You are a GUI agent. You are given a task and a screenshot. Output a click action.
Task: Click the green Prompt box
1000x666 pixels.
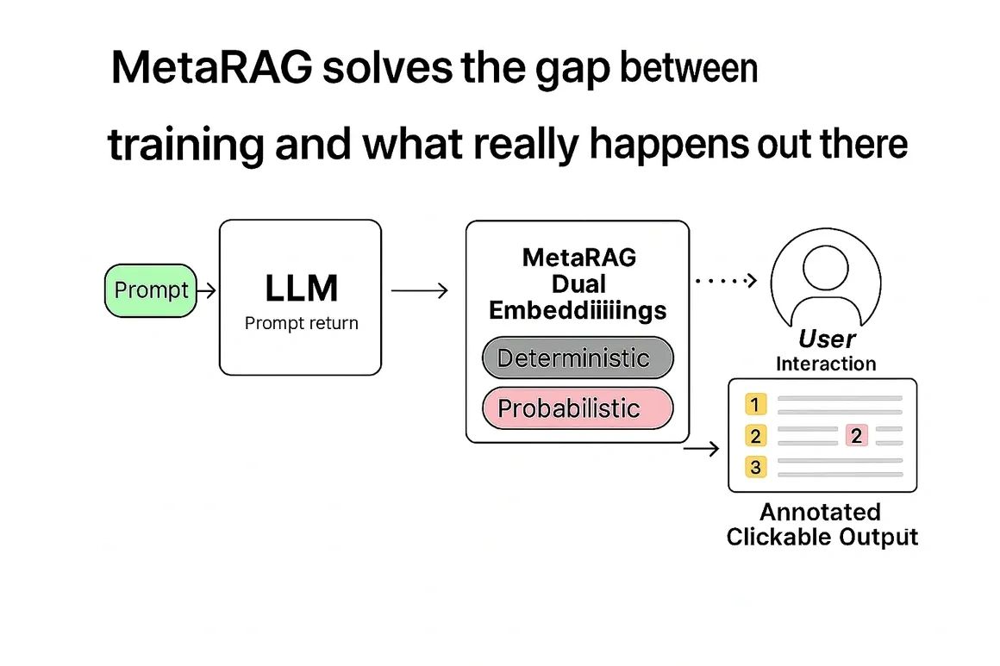151,290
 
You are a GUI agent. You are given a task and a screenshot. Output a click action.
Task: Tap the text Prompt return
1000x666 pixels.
301,324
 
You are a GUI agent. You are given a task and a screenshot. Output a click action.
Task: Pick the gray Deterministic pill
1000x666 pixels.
576,358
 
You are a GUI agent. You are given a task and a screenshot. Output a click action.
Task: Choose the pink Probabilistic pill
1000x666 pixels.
576,408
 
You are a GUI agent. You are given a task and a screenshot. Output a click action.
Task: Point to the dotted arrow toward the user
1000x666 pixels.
725,279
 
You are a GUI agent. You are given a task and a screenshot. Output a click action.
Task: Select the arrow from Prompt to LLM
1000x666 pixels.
207,291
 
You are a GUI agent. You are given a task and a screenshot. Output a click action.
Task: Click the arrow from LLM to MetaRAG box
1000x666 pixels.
420,291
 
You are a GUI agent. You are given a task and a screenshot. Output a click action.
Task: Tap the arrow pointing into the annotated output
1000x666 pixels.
703,448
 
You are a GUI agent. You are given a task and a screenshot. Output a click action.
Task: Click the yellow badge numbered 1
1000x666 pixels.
756,405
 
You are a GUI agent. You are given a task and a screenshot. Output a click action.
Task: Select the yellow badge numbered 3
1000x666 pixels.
756,468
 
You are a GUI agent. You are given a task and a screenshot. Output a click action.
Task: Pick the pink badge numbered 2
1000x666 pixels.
856,436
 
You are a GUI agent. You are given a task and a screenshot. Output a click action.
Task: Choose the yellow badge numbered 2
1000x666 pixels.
756,436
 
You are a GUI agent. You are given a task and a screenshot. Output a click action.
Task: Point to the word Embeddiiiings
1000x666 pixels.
578,310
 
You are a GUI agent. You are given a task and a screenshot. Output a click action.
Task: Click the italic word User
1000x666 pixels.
827,339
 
